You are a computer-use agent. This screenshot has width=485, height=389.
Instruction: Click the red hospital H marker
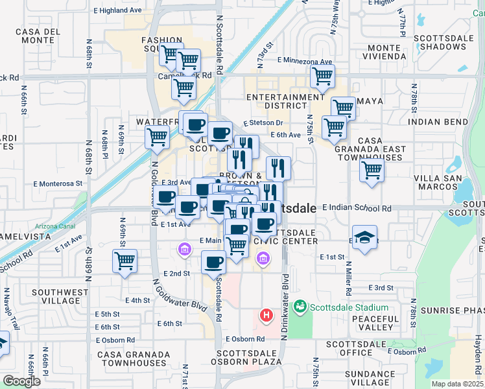point(265,316)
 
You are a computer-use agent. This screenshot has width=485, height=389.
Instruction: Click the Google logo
point(21,381)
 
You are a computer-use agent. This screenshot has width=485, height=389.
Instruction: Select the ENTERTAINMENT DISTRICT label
point(285,102)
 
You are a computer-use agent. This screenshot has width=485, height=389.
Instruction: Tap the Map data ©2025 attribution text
point(457,384)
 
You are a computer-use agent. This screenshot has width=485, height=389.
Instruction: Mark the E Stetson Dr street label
point(263,123)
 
